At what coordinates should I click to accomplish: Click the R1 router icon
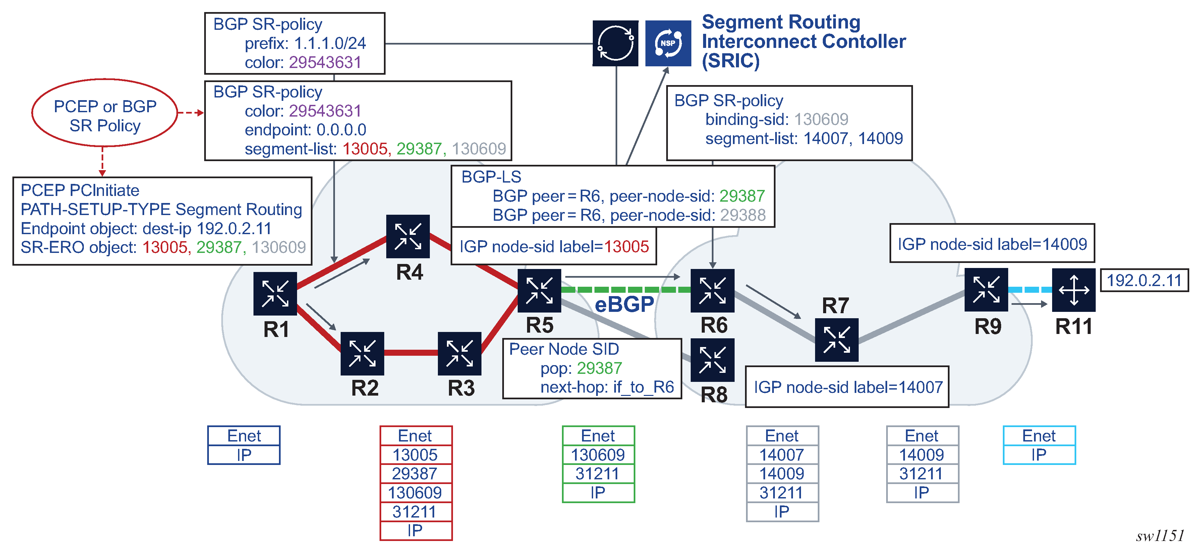(x=275, y=293)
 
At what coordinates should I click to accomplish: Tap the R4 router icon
(x=408, y=236)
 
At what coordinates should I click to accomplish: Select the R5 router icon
(x=539, y=290)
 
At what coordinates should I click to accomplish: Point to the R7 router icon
(x=837, y=340)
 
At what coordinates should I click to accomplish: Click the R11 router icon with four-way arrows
(x=1074, y=290)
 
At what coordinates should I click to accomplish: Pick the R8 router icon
(x=712, y=360)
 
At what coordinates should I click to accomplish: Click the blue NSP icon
(x=668, y=44)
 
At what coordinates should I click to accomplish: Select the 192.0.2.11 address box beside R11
(x=1144, y=280)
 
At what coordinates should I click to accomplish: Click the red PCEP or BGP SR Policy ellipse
(x=105, y=113)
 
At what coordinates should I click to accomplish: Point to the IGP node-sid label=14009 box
(x=992, y=244)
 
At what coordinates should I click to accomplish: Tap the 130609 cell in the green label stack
(x=598, y=455)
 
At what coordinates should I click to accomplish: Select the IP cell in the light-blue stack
(x=1039, y=455)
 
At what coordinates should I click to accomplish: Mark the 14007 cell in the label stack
(x=782, y=455)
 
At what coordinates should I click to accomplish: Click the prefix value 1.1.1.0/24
(x=330, y=44)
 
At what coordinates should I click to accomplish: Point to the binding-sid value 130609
(x=821, y=120)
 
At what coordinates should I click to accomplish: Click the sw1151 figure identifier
(x=1160, y=535)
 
